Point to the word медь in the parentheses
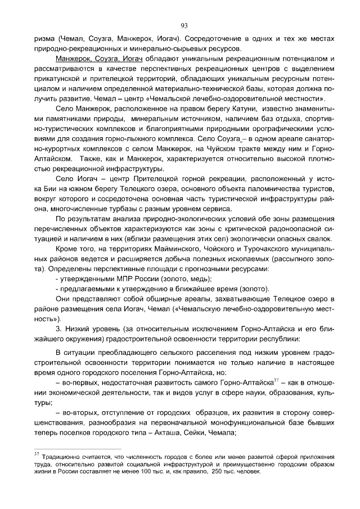[200, 279]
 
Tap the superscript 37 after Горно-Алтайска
[276, 379]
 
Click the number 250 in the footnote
[220, 472]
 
